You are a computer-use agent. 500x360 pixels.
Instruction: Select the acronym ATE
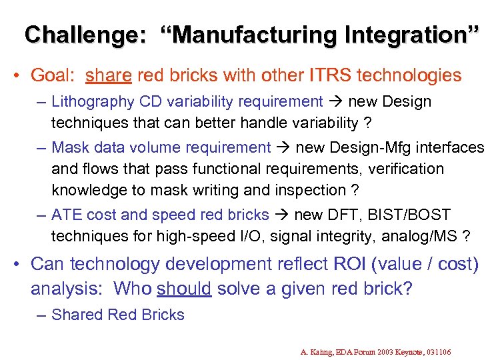point(66,215)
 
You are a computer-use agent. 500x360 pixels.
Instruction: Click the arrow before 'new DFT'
point(283,215)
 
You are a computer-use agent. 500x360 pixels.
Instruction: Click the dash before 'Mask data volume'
point(41,147)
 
